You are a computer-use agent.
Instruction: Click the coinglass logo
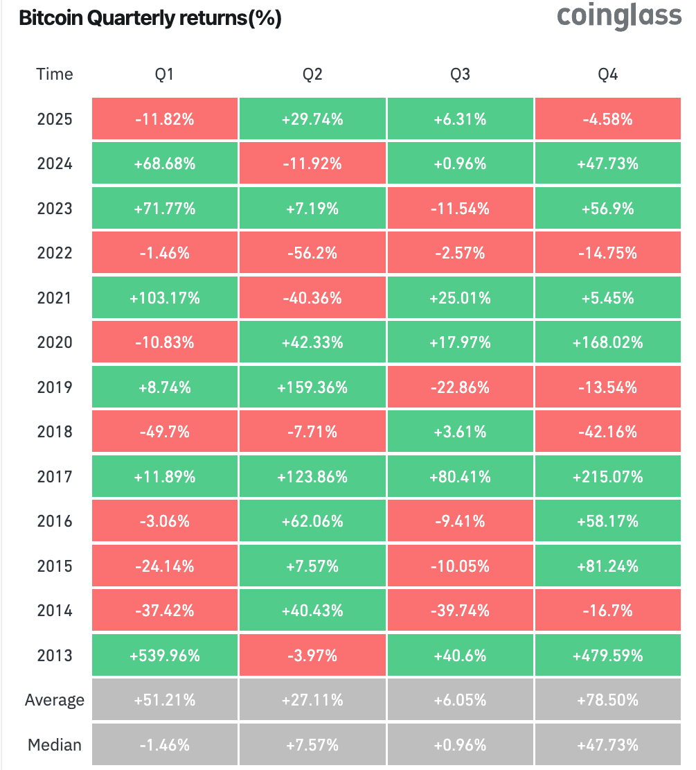point(619,17)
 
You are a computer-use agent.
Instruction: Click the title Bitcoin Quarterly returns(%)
point(150,19)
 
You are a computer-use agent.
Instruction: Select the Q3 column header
point(460,74)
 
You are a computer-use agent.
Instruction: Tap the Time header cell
point(54,74)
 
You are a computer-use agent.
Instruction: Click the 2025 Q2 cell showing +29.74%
point(312,119)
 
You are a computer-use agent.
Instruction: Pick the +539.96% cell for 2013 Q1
point(164,655)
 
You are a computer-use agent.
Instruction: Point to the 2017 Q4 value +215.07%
point(607,477)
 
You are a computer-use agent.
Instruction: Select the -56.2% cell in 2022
point(312,253)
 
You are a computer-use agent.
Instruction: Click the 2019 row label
point(54,387)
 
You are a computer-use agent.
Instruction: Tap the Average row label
point(54,700)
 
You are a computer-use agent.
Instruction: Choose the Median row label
point(54,745)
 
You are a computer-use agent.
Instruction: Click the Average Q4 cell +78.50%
point(607,700)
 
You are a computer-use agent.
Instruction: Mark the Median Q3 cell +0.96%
point(460,745)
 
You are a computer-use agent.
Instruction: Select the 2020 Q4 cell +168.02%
point(607,342)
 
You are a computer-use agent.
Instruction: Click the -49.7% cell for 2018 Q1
point(164,432)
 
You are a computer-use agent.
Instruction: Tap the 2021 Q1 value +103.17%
point(164,298)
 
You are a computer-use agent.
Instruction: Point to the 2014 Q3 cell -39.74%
point(460,611)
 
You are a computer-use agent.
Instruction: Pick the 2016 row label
point(54,521)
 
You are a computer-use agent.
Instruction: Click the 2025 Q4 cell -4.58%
point(607,119)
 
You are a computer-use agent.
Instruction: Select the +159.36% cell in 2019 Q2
point(312,387)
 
